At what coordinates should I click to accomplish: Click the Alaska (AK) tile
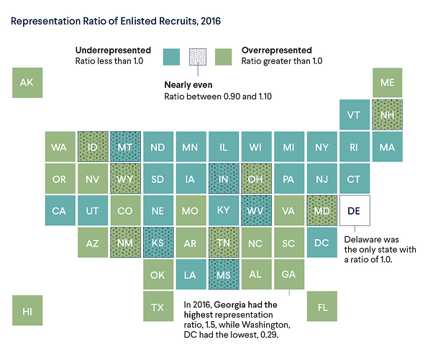(x=27, y=83)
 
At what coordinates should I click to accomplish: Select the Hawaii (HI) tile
(x=27, y=310)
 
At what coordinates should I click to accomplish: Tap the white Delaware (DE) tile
(x=355, y=210)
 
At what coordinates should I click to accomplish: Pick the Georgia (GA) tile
(x=289, y=274)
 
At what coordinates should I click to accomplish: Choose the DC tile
(x=322, y=242)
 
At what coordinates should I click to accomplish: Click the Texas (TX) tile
(x=158, y=306)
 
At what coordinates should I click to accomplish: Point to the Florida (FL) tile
(x=322, y=306)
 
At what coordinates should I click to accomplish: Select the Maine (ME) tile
(x=388, y=83)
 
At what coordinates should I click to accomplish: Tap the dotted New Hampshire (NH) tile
(x=388, y=114)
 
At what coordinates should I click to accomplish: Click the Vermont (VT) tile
(x=355, y=114)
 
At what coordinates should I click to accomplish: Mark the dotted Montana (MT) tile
(x=125, y=147)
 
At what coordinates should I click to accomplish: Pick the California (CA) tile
(x=60, y=210)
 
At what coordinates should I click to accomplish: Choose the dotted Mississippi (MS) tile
(x=224, y=274)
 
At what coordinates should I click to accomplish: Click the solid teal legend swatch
(x=171, y=57)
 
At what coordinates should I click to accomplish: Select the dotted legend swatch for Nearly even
(x=198, y=57)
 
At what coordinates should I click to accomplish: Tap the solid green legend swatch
(x=223, y=57)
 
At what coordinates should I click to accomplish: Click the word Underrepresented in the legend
(x=113, y=50)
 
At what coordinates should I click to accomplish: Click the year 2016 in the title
(x=211, y=22)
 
